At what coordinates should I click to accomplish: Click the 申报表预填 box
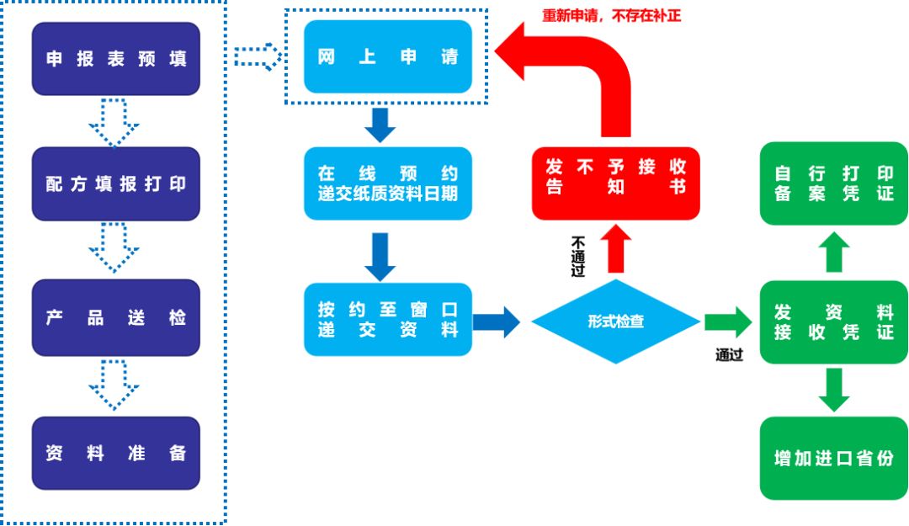click(x=115, y=59)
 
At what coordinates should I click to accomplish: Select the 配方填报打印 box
click(x=115, y=184)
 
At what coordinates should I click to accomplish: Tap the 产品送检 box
click(x=115, y=317)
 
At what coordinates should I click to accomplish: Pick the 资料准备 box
click(x=115, y=453)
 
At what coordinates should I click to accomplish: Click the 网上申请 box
click(x=388, y=57)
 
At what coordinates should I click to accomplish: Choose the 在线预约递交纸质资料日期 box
click(x=388, y=183)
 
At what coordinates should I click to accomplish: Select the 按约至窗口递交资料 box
click(x=388, y=319)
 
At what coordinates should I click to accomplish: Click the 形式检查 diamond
click(x=615, y=321)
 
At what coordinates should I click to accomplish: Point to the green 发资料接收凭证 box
click(x=833, y=321)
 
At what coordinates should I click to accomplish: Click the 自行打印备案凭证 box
click(x=833, y=183)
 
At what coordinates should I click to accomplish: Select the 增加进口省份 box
click(x=833, y=458)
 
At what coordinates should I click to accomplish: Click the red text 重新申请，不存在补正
click(x=611, y=14)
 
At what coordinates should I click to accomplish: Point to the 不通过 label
click(x=578, y=256)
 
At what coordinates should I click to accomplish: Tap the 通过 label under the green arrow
click(x=729, y=355)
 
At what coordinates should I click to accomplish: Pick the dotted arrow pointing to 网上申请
click(x=258, y=56)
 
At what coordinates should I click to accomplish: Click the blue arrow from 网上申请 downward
click(x=380, y=124)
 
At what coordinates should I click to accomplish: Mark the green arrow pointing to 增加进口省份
click(x=833, y=391)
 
